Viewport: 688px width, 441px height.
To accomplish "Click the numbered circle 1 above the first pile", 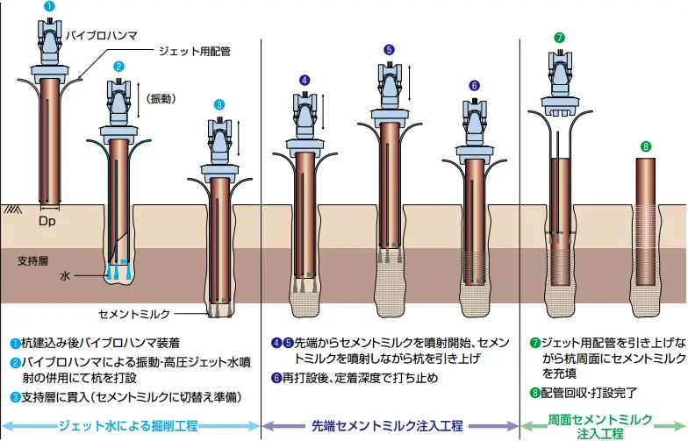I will [x=50, y=6].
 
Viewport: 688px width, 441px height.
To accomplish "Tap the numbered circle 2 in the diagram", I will [x=118, y=66].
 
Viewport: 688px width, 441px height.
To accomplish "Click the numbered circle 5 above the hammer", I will [x=389, y=49].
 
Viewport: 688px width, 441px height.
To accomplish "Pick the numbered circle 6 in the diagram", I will [x=475, y=85].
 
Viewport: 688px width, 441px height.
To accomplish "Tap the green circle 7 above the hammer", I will [x=559, y=38].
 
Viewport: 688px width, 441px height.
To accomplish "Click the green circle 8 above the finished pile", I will [x=646, y=146].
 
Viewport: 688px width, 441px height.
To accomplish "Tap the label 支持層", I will [x=32, y=260].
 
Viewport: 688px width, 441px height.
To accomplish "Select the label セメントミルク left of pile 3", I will [x=135, y=313].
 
